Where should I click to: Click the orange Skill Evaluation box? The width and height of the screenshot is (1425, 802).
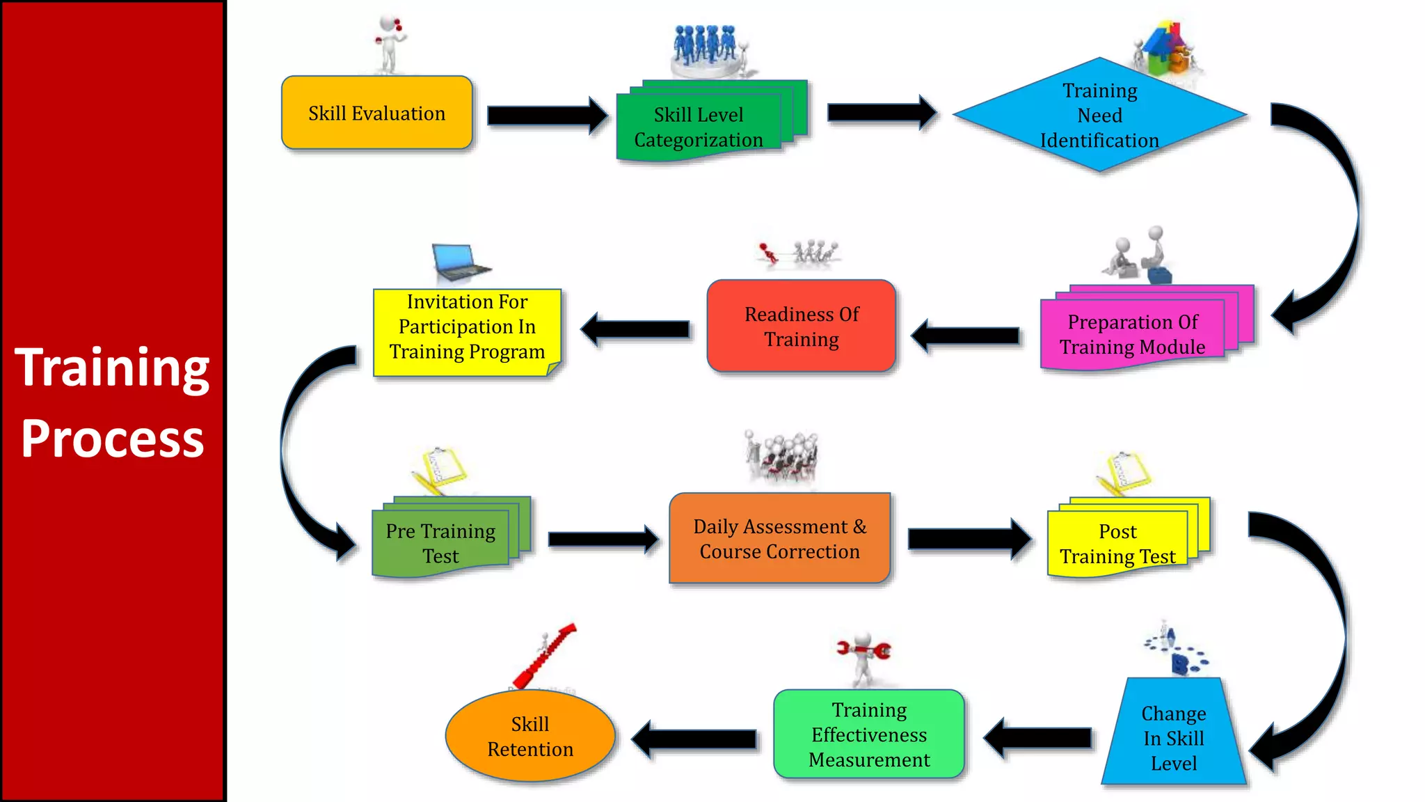coord(376,113)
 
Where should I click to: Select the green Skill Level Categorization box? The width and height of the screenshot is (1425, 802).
coord(699,127)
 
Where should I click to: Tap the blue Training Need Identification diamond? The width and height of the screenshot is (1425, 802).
coord(1099,115)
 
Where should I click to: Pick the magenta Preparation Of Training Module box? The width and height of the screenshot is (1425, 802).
coord(1132,334)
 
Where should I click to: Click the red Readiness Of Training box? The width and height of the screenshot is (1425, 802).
coord(802,326)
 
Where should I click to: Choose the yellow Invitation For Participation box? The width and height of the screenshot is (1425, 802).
coord(467,327)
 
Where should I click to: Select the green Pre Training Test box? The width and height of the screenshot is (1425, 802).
coord(440,543)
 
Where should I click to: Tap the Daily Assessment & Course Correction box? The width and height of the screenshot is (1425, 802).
coord(779,538)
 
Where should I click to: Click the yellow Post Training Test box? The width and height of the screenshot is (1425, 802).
coord(1117,543)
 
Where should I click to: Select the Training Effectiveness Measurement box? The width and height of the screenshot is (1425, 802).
coord(869,734)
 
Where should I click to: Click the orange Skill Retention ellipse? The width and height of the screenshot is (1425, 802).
coord(530,736)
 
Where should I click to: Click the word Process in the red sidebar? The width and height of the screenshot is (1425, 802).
coord(112,439)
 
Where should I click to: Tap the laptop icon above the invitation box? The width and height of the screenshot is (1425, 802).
coord(459,262)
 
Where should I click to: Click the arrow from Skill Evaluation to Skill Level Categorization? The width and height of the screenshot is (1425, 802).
coord(547,115)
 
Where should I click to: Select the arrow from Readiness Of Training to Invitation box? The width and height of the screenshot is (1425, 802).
coord(635,329)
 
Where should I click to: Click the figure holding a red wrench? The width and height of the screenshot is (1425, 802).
coord(863,656)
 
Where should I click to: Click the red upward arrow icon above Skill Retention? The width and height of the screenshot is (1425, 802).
coord(544,655)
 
